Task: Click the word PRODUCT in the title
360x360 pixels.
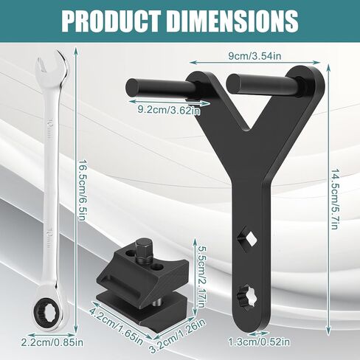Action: (x=111, y=21)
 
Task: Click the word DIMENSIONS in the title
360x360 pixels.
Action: (x=233, y=21)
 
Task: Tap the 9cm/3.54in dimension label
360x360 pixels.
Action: (x=255, y=56)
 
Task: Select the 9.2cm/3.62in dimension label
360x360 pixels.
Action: (x=169, y=110)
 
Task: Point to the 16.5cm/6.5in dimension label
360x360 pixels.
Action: (x=82, y=190)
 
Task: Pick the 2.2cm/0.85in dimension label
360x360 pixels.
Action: (x=52, y=342)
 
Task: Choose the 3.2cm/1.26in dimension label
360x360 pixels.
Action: (x=178, y=336)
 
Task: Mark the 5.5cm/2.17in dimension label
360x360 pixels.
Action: (x=200, y=276)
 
